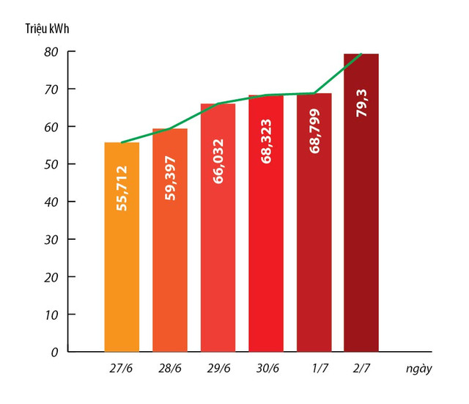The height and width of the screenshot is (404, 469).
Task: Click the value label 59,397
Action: pos(170,176)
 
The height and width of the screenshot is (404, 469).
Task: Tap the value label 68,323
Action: pos(266,142)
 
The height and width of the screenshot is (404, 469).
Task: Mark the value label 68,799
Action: pos(314,130)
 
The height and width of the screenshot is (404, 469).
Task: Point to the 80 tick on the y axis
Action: pos(51,52)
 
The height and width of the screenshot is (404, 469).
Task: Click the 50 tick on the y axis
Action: pos(51,164)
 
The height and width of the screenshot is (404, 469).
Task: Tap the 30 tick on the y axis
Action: pos(51,240)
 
